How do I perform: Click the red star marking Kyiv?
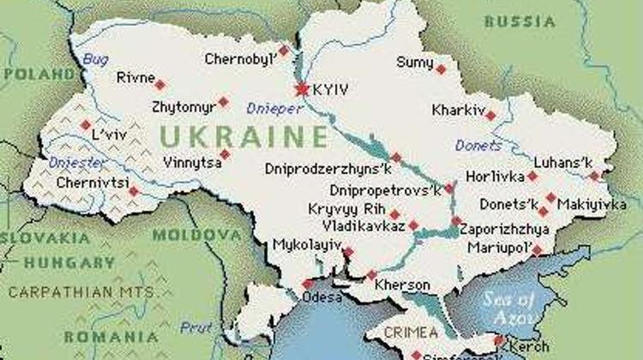(x=301, y=89)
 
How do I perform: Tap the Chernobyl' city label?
(x=240, y=59)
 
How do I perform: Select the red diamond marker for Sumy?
(x=441, y=69)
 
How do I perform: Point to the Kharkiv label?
(x=457, y=110)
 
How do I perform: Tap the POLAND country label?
(x=39, y=74)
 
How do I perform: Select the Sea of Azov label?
(x=509, y=307)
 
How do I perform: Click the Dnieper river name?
(x=274, y=109)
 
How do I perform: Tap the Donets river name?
(x=478, y=145)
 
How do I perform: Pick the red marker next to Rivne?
(x=159, y=84)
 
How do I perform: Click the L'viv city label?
(x=108, y=135)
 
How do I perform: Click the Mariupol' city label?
(x=497, y=248)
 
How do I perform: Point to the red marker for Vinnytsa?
(x=225, y=155)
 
